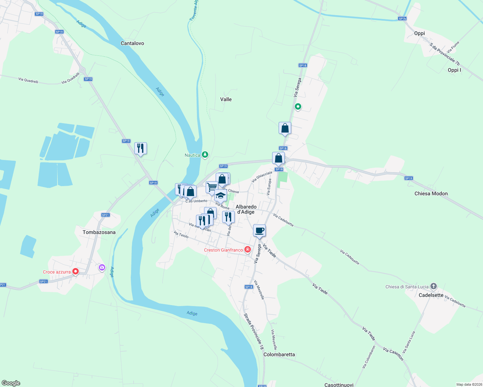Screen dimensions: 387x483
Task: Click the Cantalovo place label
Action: coord(132,43)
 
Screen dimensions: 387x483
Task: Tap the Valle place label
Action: coord(226,99)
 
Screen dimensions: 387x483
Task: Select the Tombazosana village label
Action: coord(99,232)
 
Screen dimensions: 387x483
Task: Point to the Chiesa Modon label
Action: coord(431,193)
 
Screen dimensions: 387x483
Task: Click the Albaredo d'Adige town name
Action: coord(246,209)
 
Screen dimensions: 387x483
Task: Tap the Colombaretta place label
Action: coord(279,354)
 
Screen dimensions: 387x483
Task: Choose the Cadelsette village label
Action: coord(431,295)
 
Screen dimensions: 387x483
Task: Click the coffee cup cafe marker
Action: coord(260,231)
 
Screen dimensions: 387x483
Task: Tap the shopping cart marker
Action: coord(212,187)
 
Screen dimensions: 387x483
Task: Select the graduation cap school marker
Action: coord(221,195)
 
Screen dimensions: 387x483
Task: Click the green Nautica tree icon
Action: coord(205,155)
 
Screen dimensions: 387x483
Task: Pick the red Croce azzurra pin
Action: coord(76,272)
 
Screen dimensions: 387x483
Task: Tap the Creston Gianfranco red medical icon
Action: coord(248,249)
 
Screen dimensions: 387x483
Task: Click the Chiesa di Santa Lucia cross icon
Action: coord(434,286)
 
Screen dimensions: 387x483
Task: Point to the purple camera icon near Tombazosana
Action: coord(102,267)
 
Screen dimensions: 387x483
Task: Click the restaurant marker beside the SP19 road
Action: coord(140,148)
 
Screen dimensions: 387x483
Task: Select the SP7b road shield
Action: coord(402,19)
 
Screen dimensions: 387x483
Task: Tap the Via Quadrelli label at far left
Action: coord(28,80)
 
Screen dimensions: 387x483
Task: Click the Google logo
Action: coord(11,383)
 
